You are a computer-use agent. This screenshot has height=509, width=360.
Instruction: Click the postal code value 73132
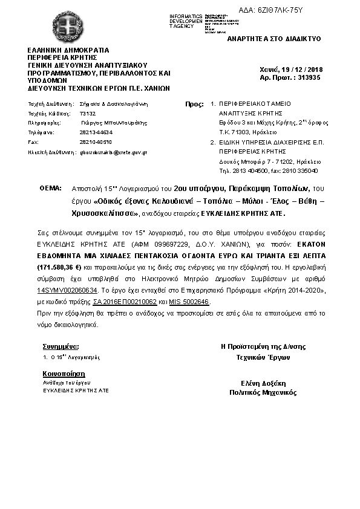pyautogui.click(x=88, y=113)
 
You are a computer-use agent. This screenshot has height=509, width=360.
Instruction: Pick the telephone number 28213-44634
pyautogui.click(x=96, y=132)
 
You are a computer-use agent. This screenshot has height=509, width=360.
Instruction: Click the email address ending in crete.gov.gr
pyautogui.click(x=114, y=152)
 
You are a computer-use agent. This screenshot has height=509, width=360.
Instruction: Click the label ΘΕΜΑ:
pyautogui.click(x=51, y=189)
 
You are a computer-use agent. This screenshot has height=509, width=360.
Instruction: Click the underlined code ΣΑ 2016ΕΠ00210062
pyautogui.click(x=125, y=300)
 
